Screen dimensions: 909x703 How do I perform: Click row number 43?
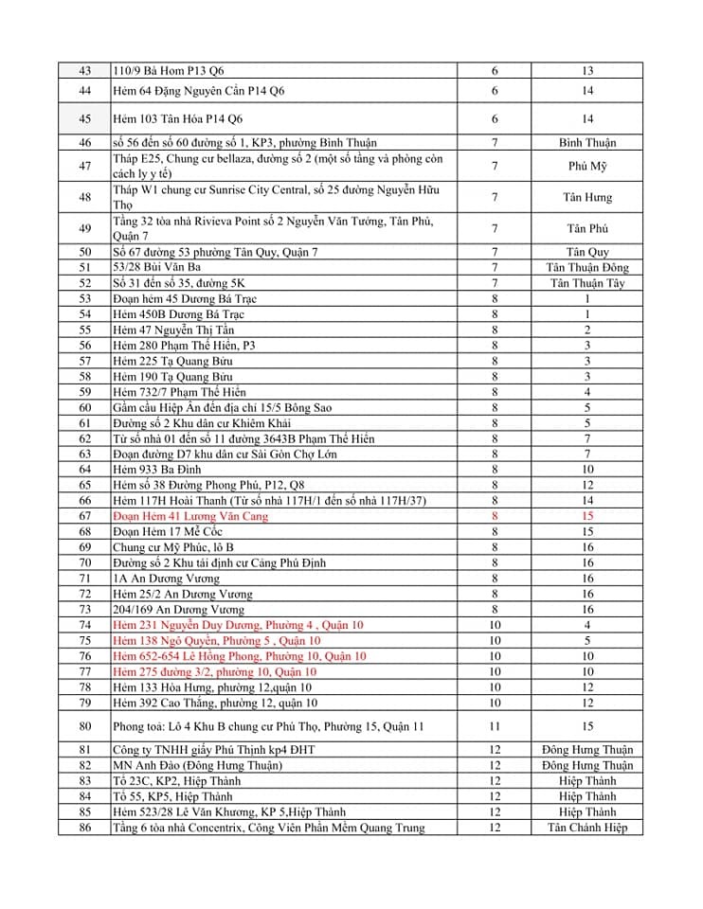(x=85, y=71)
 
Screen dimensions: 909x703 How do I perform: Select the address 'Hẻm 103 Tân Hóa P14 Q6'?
(x=177, y=119)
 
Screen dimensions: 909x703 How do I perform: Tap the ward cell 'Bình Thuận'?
(x=586, y=143)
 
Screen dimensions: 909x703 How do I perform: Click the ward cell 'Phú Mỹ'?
(x=586, y=167)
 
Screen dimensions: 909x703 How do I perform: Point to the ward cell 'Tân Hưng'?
(x=586, y=198)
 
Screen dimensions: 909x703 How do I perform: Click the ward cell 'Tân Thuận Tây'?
(x=586, y=283)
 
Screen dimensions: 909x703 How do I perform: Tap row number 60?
(x=85, y=407)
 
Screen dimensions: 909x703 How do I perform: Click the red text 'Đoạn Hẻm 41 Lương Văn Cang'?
(x=190, y=516)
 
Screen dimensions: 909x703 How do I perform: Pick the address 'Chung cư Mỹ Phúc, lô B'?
(x=172, y=547)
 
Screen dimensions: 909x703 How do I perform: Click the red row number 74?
(x=85, y=625)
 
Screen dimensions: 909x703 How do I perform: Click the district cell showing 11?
(x=494, y=726)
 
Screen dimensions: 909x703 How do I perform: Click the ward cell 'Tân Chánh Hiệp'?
(x=586, y=828)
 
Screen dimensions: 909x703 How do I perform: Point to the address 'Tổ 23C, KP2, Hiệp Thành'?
(x=176, y=781)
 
